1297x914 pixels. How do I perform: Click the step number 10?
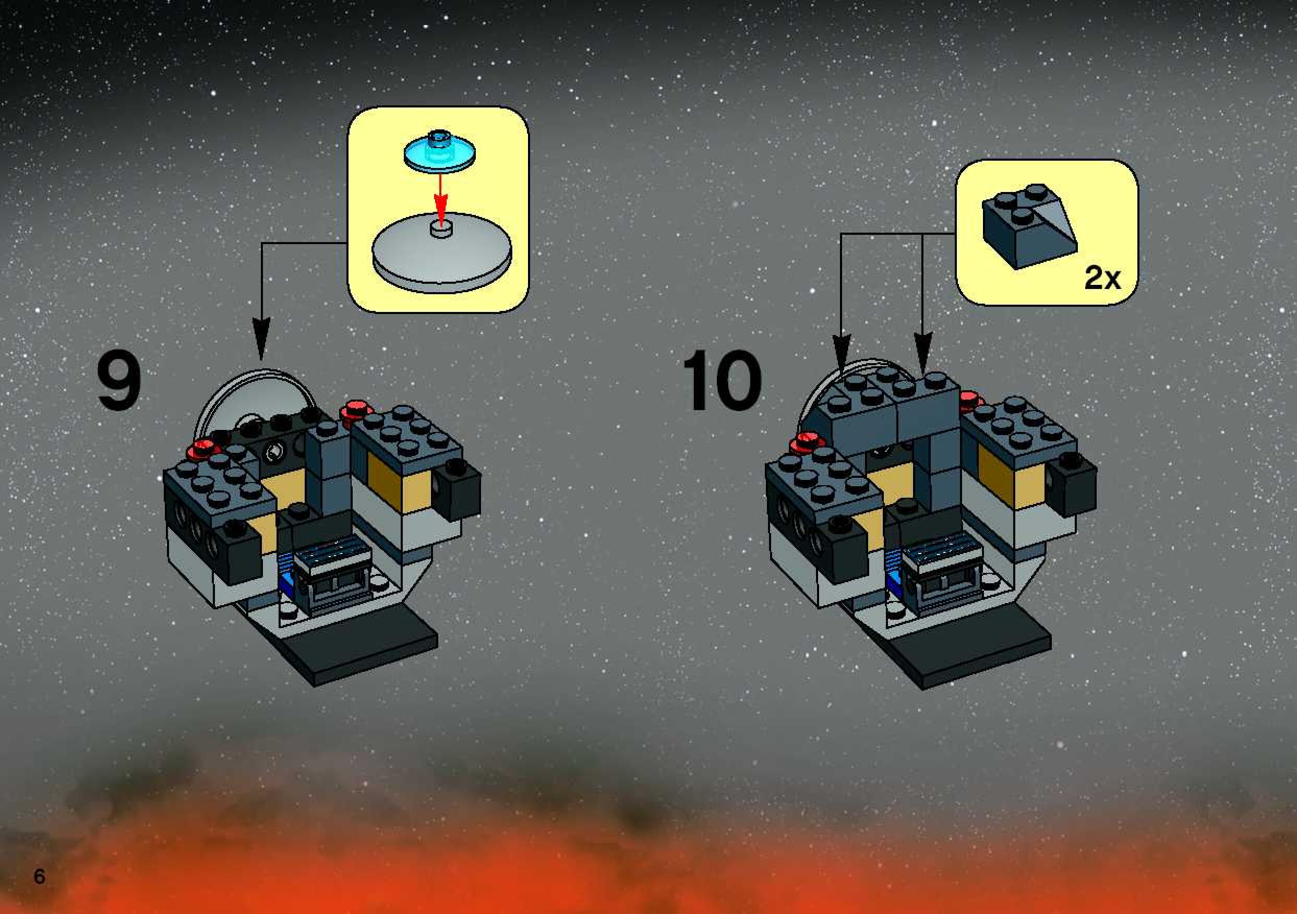tap(722, 380)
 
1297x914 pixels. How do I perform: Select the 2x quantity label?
tap(1102, 278)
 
